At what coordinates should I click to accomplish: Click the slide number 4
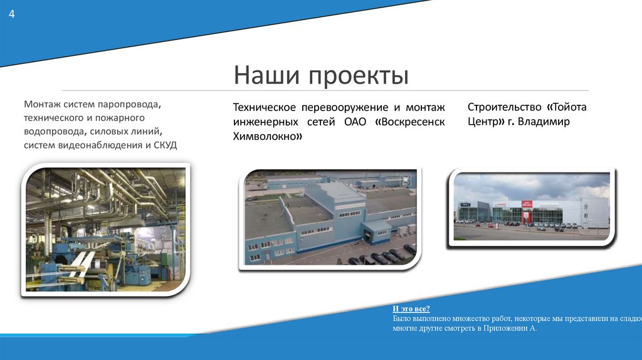[11, 14]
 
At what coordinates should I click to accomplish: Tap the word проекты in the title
[358, 77]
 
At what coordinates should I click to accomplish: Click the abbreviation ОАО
[356, 122]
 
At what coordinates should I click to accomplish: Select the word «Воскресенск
[410, 122]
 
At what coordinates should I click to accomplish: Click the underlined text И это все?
[411, 309]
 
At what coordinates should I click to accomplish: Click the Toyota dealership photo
[532, 207]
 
